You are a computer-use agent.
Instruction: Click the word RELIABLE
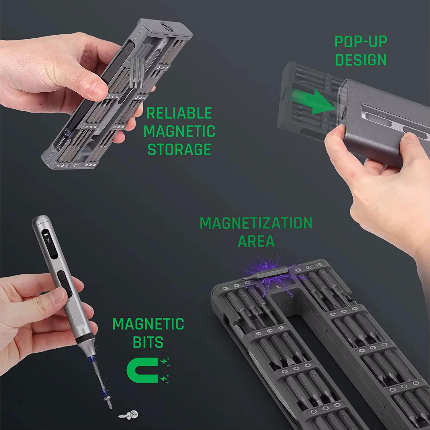point(179,113)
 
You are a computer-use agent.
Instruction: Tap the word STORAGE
point(179,149)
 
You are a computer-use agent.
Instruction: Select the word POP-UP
point(361,42)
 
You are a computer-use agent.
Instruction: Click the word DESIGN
point(361,60)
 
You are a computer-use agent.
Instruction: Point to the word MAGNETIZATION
point(256,223)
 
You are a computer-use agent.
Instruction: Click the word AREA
point(256,241)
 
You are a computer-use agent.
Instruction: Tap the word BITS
point(148,342)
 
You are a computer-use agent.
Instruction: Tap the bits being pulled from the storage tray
point(137,72)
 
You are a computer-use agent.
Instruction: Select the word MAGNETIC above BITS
point(148,324)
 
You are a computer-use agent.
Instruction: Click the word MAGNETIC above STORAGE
point(179,131)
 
